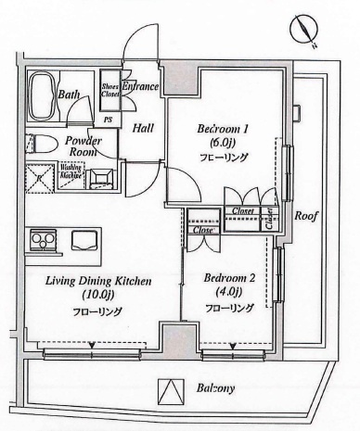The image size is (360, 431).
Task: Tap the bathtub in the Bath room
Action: [x=43, y=93]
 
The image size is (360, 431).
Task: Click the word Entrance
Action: [x=141, y=87]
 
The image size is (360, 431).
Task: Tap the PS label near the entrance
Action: [x=108, y=119]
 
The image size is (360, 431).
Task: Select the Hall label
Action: [x=142, y=130]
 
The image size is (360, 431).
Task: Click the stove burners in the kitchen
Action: [x=43, y=240]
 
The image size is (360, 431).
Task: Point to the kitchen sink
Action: [x=84, y=240]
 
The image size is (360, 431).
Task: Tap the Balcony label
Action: [x=214, y=389]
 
